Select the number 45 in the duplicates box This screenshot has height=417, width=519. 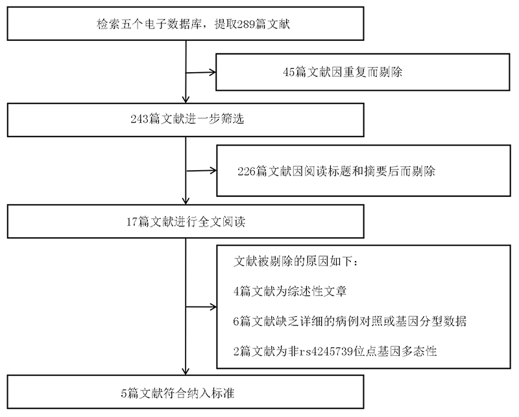[289, 72]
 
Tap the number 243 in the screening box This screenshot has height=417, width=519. [139, 119]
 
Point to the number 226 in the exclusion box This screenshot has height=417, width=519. [247, 171]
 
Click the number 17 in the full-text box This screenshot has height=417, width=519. [132, 221]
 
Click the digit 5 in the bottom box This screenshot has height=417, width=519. [124, 394]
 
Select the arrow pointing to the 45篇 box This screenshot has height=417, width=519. [201, 72]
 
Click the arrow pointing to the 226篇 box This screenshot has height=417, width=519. [201, 171]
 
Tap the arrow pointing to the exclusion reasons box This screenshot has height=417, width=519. [201, 307]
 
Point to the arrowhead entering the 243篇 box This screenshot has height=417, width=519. [186, 100]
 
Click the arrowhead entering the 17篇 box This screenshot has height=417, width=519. [186, 201]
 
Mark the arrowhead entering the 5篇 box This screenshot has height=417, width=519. [186, 372]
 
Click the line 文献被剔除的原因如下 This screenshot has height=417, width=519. [296, 262]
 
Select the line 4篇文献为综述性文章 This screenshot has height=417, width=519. [290, 292]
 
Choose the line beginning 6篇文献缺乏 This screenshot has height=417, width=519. [350, 322]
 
